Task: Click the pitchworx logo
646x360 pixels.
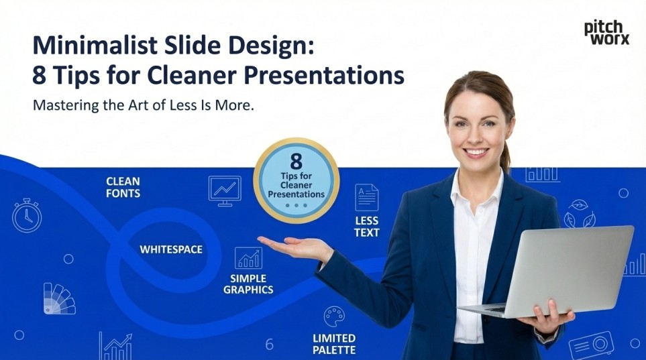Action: pyautogui.click(x=606, y=32)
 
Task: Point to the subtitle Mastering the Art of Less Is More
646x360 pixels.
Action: pyautogui.click(x=143, y=106)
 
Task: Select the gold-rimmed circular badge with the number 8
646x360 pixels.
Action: pyautogui.click(x=296, y=180)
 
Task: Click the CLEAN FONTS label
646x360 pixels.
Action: pyautogui.click(x=123, y=187)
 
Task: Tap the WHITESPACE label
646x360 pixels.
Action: pyautogui.click(x=170, y=249)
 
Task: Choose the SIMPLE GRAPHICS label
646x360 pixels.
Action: pyautogui.click(x=248, y=284)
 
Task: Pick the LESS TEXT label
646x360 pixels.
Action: pyautogui.click(x=367, y=227)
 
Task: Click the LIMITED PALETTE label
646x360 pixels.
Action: pyautogui.click(x=334, y=343)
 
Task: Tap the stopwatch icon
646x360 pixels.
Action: pyautogui.click(x=27, y=215)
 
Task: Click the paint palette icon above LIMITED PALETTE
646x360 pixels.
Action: pyautogui.click(x=334, y=316)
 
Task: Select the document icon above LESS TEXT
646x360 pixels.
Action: pyautogui.click(x=366, y=197)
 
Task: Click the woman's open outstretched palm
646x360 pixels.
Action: pyautogui.click(x=295, y=246)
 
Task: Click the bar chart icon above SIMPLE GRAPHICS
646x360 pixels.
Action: pyautogui.click(x=248, y=258)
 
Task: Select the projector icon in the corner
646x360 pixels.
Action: pyautogui.click(x=591, y=345)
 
